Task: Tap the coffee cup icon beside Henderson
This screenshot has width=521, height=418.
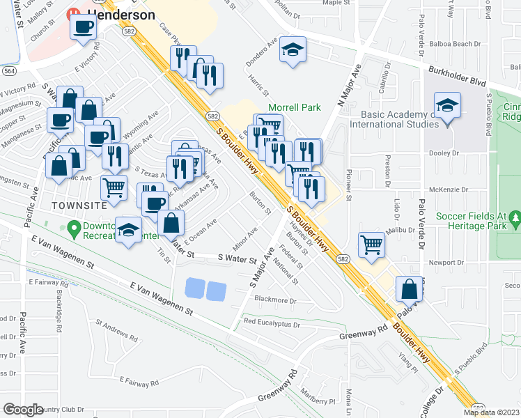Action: point(84,28)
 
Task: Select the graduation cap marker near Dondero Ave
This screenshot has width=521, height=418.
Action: point(293,50)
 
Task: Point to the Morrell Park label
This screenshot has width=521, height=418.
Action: point(295,109)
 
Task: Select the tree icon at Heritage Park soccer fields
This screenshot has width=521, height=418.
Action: point(515,219)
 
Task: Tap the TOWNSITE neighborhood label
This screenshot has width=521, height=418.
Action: point(79,206)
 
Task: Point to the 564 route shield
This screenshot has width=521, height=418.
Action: point(9,71)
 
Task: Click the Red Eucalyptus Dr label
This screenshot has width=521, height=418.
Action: point(272,323)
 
